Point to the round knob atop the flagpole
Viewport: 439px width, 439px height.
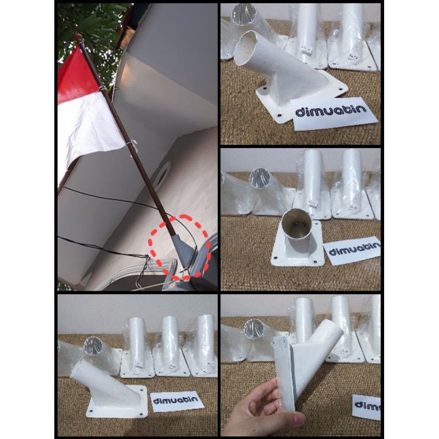pos(78,37)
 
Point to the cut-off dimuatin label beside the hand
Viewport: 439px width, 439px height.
pos(367,407)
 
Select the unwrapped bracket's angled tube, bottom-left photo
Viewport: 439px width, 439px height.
pos(93,376)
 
